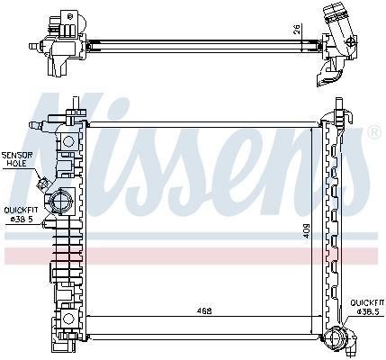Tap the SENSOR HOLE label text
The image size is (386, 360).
coord(17,159)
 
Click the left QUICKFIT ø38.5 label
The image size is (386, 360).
coord(20,214)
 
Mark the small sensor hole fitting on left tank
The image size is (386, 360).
coord(42,184)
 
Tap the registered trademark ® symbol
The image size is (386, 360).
coord(373,133)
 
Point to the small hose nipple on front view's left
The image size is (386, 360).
coord(36,123)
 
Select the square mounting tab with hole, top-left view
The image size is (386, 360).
coord(65,19)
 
